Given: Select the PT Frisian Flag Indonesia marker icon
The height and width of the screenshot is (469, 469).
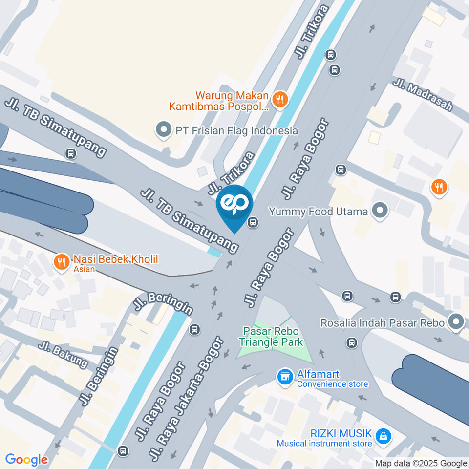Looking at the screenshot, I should point(163,130).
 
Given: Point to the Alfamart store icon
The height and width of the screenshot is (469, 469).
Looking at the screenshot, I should point(285,376).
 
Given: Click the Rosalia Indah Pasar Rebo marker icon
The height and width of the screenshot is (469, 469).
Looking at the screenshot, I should point(457,322).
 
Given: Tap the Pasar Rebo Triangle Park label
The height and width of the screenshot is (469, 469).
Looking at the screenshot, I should point(272,338).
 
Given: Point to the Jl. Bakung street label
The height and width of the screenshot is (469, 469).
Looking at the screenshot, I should point(64,354).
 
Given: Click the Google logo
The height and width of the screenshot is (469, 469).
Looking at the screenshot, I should point(26,460).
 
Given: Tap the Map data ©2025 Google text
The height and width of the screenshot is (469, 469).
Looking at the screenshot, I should point(421,463).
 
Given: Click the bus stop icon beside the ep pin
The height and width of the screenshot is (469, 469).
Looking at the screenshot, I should point(253,223).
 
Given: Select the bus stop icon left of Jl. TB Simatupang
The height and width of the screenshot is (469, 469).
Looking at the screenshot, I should point(71,154).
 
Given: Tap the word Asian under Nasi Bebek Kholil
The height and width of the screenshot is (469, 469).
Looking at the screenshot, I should point(84,269).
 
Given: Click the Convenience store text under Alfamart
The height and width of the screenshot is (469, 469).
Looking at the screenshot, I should point(332,384).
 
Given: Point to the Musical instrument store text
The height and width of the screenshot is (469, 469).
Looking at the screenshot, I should point(324,444).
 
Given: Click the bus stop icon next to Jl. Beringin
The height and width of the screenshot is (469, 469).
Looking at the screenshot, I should point(195,330).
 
